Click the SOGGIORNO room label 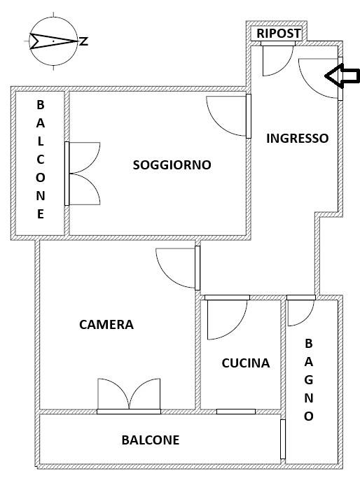tap(172, 165)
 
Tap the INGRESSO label tap(297, 139)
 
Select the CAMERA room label tap(106, 325)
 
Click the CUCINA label tap(245, 363)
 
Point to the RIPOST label tap(278, 34)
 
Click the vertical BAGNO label tap(308, 380)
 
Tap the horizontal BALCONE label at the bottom tap(150, 440)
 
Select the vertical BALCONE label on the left tap(40, 160)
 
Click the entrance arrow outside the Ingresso tap(343, 77)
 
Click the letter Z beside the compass tap(84, 41)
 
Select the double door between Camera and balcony tap(129, 395)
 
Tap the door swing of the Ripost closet tap(276, 59)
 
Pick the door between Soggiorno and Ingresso tap(229, 115)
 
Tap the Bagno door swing tap(300, 312)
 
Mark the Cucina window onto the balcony tap(235, 412)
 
